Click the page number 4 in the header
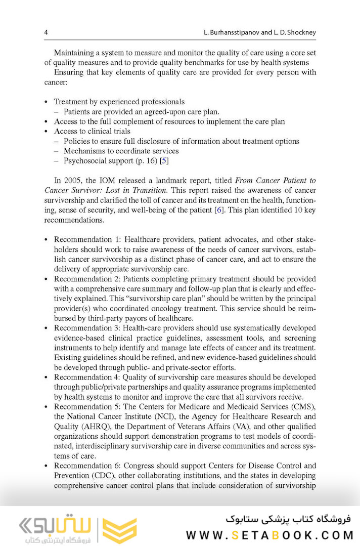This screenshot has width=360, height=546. tap(46, 32)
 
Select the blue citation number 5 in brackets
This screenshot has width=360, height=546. tap(164, 160)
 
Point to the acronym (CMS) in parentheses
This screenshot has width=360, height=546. tap(304, 407)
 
